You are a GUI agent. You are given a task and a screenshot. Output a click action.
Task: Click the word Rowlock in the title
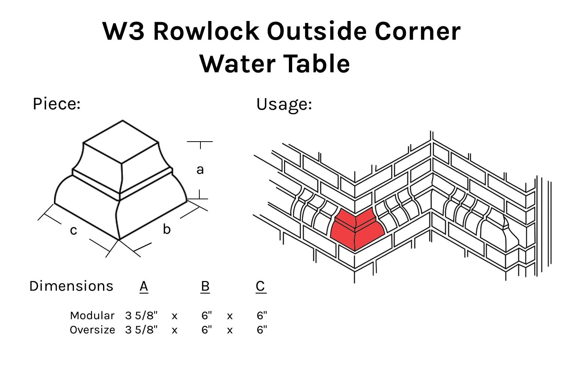click(206, 31)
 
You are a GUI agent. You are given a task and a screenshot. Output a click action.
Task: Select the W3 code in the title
click(123, 31)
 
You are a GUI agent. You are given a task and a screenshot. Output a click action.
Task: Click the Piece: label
click(57, 104)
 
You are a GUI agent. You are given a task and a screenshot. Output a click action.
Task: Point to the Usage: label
click(284, 104)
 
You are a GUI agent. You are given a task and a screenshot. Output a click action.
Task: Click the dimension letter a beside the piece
click(200, 170)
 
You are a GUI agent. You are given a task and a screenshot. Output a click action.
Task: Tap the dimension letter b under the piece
click(167, 229)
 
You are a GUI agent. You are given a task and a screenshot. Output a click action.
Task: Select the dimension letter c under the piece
click(73, 230)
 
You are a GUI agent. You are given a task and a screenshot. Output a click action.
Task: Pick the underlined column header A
click(144, 286)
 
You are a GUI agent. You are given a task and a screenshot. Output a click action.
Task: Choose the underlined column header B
click(205, 286)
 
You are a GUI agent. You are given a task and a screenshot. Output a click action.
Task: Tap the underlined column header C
click(261, 286)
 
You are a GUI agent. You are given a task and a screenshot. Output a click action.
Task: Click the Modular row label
click(92, 315)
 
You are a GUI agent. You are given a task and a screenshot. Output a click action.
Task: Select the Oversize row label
click(92, 330)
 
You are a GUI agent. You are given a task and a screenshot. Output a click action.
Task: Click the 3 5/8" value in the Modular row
click(141, 315)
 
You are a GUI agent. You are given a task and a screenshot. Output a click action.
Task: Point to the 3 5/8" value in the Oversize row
click(141, 330)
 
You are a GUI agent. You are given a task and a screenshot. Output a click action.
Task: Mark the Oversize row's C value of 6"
click(262, 330)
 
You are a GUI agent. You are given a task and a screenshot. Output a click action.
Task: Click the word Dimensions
click(71, 286)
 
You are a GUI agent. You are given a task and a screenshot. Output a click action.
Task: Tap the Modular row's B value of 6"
click(206, 315)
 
